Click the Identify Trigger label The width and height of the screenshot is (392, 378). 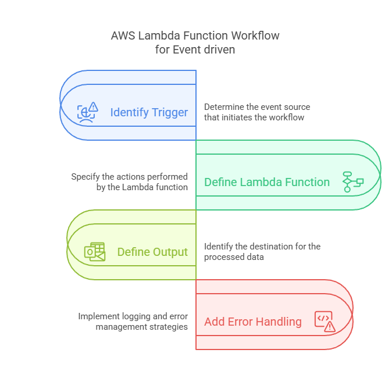[x=149, y=112]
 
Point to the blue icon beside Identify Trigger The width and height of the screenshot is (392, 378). [x=88, y=111]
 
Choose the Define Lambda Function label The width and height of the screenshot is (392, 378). [x=267, y=182]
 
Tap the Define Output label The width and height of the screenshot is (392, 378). [x=152, y=252]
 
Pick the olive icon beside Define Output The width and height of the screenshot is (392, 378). [x=95, y=251]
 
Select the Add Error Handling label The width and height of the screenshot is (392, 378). [x=253, y=322]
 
